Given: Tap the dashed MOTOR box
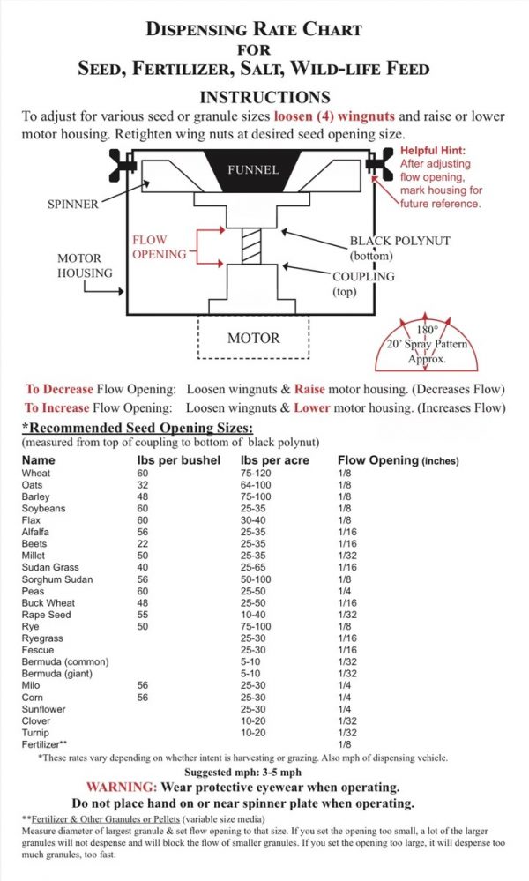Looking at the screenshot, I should pos(253,337).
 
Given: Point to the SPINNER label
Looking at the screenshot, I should pos(74,205).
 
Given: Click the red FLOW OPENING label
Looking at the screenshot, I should pos(159,247).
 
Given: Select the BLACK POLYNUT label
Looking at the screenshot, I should pos(389,240).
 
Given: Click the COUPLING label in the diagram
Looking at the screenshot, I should pos(364,276).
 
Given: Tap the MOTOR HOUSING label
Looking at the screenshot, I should pos(85,265).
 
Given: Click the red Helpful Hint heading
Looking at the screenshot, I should pos(439,151).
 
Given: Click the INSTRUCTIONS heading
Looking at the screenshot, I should pos(264,97).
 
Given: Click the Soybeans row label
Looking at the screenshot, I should pos(44,509).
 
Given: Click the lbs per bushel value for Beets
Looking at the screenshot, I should pos(144,544).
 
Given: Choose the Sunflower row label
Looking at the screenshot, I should pos(46,709).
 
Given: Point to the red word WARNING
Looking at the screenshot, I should pos(119,787).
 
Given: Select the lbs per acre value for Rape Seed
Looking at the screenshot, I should pos(254,615).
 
